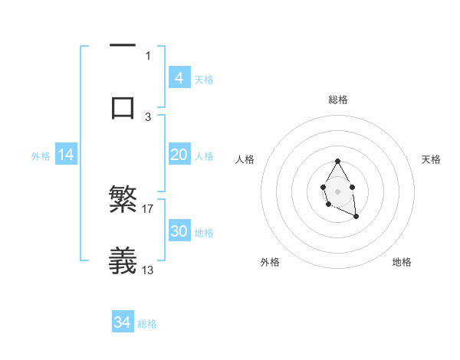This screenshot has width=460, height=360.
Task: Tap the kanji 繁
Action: pyautogui.click(x=123, y=200)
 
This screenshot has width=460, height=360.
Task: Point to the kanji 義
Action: pyautogui.click(x=123, y=261)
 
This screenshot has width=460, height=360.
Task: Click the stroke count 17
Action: pyautogui.click(x=148, y=208)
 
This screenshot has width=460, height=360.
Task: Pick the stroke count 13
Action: pyautogui.click(x=148, y=270)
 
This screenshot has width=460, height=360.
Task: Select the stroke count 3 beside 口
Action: pyautogui.click(x=148, y=116)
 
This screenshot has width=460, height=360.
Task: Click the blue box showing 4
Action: pyautogui.click(x=179, y=78)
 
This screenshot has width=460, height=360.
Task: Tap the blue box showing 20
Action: pyautogui.click(x=179, y=155)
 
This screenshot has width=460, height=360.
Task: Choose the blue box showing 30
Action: pyautogui.click(x=179, y=231)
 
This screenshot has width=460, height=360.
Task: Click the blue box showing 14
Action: pyautogui.click(x=66, y=155)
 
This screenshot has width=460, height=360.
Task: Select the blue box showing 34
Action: pyautogui.click(x=122, y=323)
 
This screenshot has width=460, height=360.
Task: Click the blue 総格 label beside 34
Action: pyautogui.click(x=147, y=324)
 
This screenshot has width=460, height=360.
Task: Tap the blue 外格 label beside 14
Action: pyautogui.click(x=41, y=156)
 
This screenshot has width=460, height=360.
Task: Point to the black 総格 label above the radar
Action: pyautogui.click(x=338, y=100)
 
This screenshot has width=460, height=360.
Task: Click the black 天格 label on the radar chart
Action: pyautogui.click(x=431, y=159)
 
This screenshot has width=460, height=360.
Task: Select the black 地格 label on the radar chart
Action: pyautogui.click(x=402, y=262)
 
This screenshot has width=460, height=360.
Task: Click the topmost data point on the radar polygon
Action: pyautogui.click(x=338, y=161)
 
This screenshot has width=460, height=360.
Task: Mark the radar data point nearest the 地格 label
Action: pyautogui.click(x=356, y=218)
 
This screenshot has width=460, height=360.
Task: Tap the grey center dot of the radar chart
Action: pyautogui.click(x=338, y=191)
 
